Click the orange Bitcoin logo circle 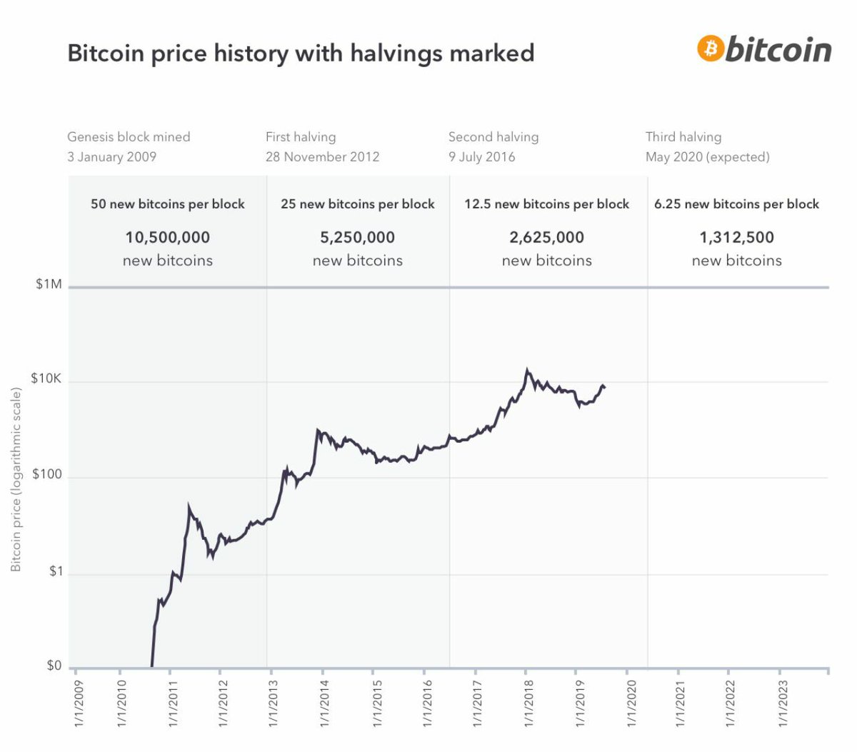[711, 49]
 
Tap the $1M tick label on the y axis [49, 284]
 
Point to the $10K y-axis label [46, 378]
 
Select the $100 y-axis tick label [47, 474]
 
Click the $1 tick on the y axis [56, 571]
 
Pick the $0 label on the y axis [54, 666]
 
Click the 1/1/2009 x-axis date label [79, 704]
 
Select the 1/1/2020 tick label [630, 704]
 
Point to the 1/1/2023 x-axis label [783, 704]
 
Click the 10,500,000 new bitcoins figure [167, 237]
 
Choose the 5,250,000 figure [357, 237]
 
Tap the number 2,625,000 [546, 237]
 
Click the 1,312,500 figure [736, 237]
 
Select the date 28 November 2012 [322, 156]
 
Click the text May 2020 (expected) [707, 156]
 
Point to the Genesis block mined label [129, 136]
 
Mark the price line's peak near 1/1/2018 [527, 370]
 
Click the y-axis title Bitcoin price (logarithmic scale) [16, 479]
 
